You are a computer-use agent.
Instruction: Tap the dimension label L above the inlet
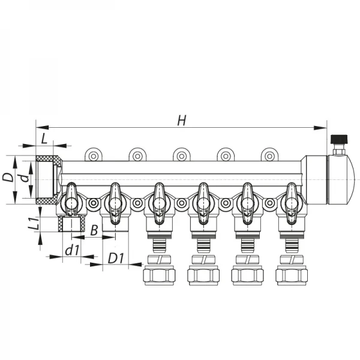[44, 139]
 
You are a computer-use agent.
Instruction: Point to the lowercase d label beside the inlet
[23, 178]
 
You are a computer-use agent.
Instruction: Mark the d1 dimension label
[72, 251]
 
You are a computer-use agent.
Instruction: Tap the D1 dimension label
[116, 259]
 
